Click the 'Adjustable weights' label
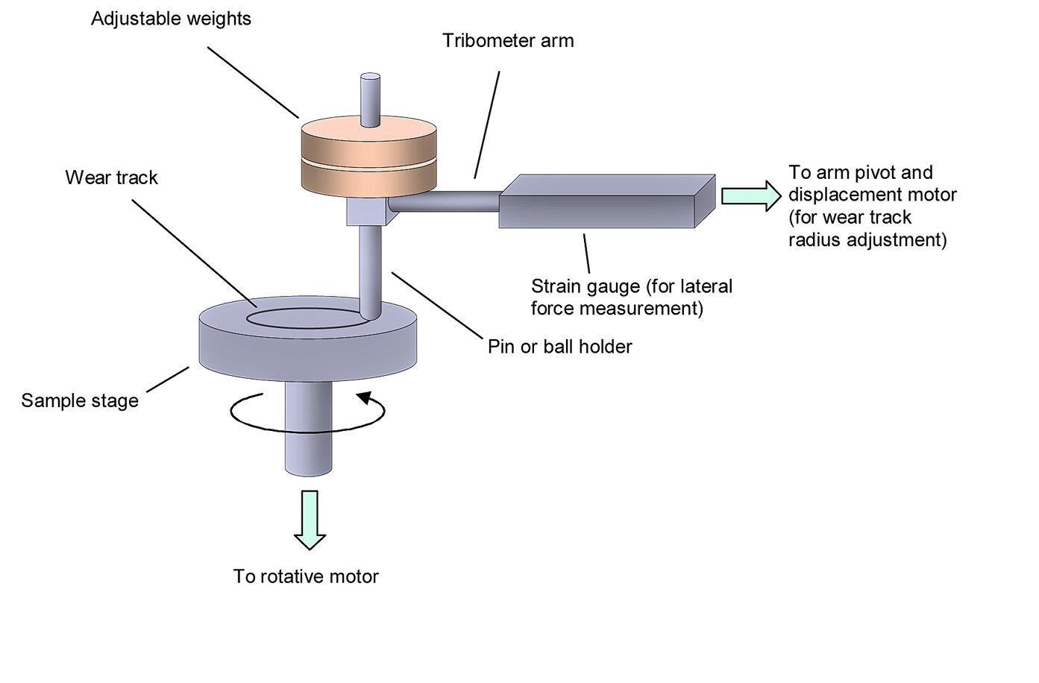coord(171,19)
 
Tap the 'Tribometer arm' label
coord(508,41)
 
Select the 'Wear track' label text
coord(111,178)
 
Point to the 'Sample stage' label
coord(80,401)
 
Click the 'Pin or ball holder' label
coord(559,347)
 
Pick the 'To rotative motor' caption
coord(306,576)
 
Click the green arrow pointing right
coord(750,196)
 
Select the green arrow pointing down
coord(310,519)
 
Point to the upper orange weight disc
coord(368,139)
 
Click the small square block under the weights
coord(367,211)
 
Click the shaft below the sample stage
coord(307,432)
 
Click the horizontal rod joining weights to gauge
coord(444,200)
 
